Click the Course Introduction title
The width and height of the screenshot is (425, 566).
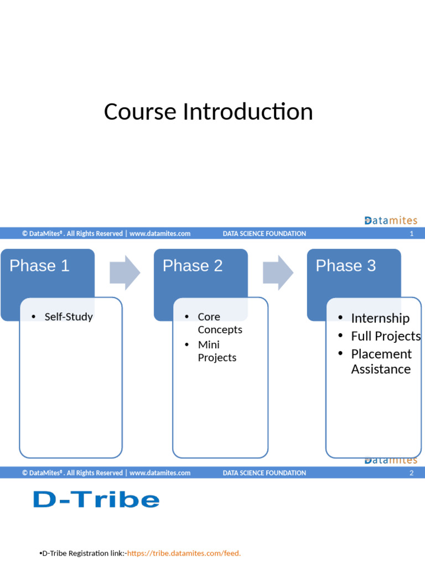208,112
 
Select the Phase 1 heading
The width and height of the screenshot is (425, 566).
39,266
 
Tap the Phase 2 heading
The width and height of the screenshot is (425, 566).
193,266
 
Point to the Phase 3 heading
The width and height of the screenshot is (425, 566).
345,266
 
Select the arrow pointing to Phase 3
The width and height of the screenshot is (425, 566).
278,272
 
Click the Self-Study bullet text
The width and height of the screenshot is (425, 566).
69,317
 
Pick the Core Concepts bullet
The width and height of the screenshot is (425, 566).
220,323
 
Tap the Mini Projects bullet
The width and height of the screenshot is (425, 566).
217,351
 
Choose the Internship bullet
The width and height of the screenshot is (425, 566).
380,318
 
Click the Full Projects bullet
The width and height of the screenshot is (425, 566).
385,336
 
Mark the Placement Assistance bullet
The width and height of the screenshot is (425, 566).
381,361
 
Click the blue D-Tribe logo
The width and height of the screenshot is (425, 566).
96,500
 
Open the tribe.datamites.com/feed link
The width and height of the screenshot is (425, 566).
184,553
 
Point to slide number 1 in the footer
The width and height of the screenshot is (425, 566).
411,234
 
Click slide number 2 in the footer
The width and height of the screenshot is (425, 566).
411,473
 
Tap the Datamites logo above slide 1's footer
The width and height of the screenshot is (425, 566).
391,221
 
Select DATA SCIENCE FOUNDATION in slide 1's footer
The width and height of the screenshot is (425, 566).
264,234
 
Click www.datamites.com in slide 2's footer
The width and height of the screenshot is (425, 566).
160,473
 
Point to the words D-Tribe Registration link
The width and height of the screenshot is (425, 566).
84,553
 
